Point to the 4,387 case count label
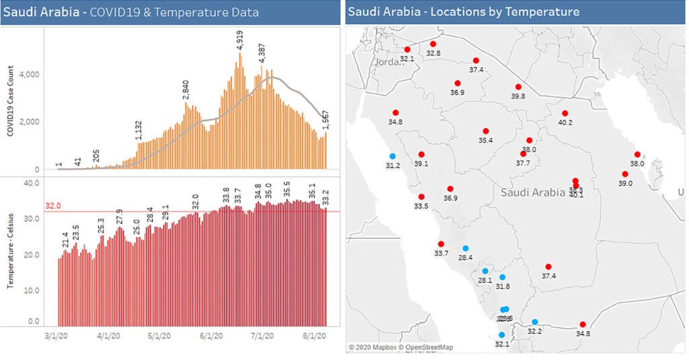pos(261,53)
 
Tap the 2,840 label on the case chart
pos(186,89)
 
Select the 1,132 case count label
pos(139,130)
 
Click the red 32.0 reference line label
pos(53,206)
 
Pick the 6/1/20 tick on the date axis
pos(211,334)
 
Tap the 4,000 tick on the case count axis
pos(30,74)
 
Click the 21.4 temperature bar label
pos(65,240)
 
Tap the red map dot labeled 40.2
pos(565,113)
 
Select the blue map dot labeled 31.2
pos(392,156)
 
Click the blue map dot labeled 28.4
pos(465,248)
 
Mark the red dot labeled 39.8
pos(518,87)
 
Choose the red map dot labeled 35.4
pos(485,131)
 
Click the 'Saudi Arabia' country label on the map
pos(533,192)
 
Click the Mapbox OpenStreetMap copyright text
pos(400,347)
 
